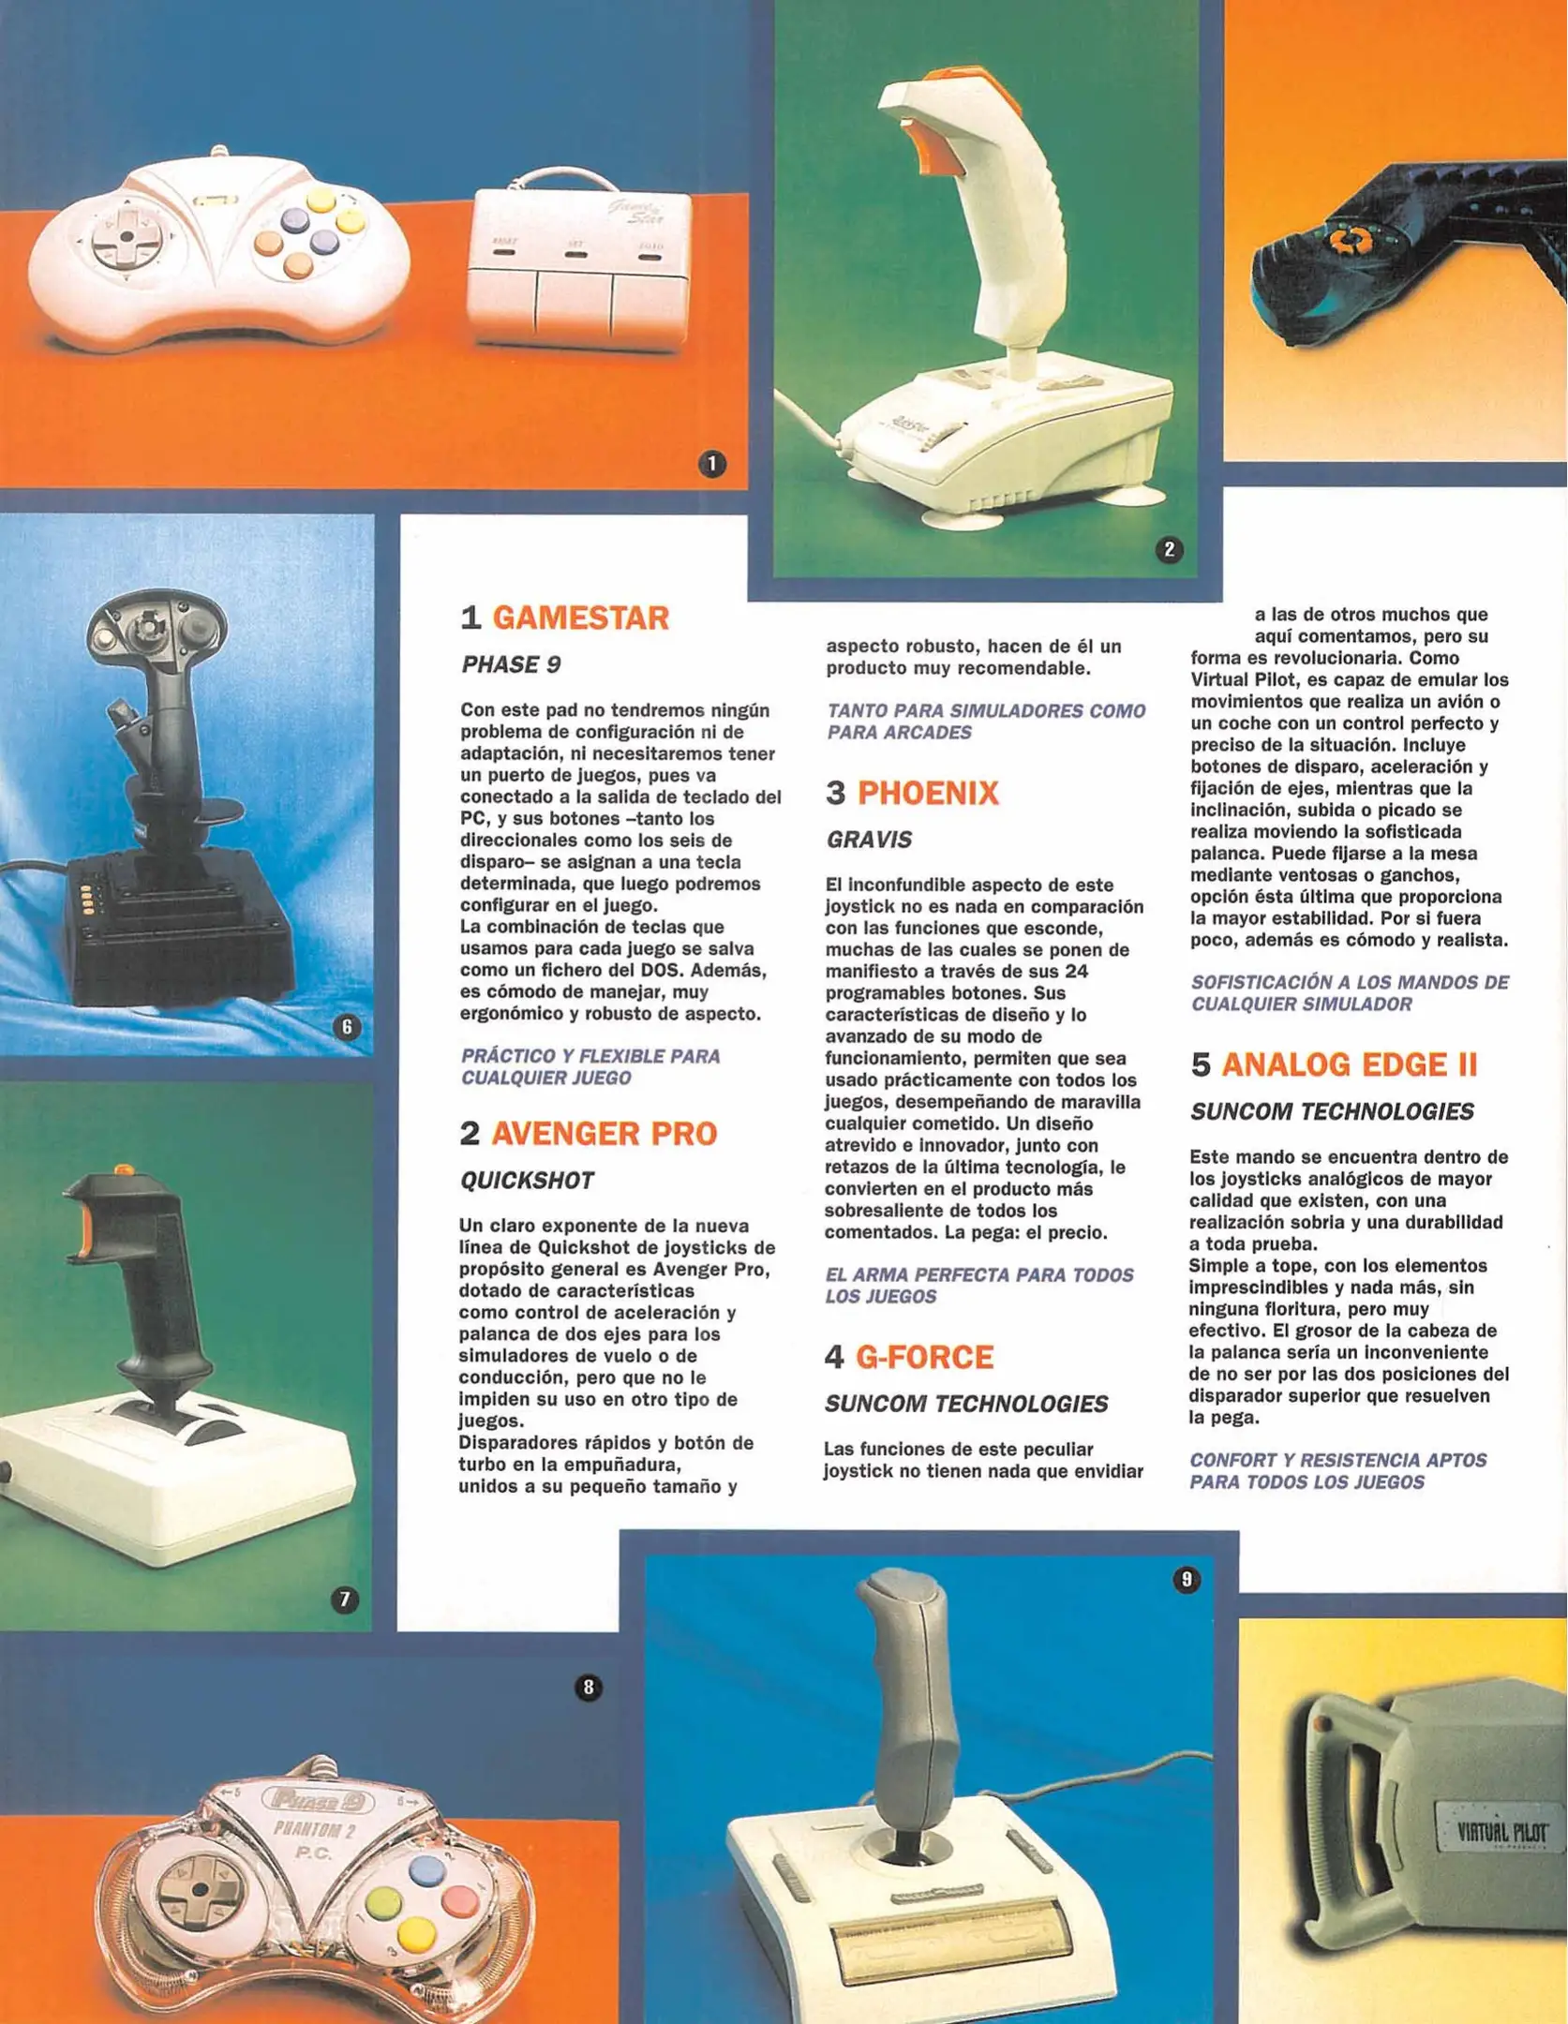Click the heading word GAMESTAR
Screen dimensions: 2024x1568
[580, 618]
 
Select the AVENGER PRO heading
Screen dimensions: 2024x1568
[604, 1134]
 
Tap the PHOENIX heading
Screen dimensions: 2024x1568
[928, 794]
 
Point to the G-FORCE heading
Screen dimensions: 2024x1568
[924, 1358]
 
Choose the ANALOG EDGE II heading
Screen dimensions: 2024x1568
[1349, 1065]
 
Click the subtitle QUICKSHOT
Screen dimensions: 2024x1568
[527, 1181]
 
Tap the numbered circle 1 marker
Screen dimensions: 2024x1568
[712, 464]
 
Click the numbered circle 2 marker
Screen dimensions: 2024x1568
[1169, 550]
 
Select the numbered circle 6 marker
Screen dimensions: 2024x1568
[347, 1028]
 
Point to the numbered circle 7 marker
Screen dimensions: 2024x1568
[345, 1600]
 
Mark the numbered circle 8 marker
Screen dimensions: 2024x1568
[588, 1688]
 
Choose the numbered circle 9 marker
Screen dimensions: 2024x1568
[1186, 1580]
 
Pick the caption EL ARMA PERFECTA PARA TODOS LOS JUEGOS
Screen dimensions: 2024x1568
[978, 1286]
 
